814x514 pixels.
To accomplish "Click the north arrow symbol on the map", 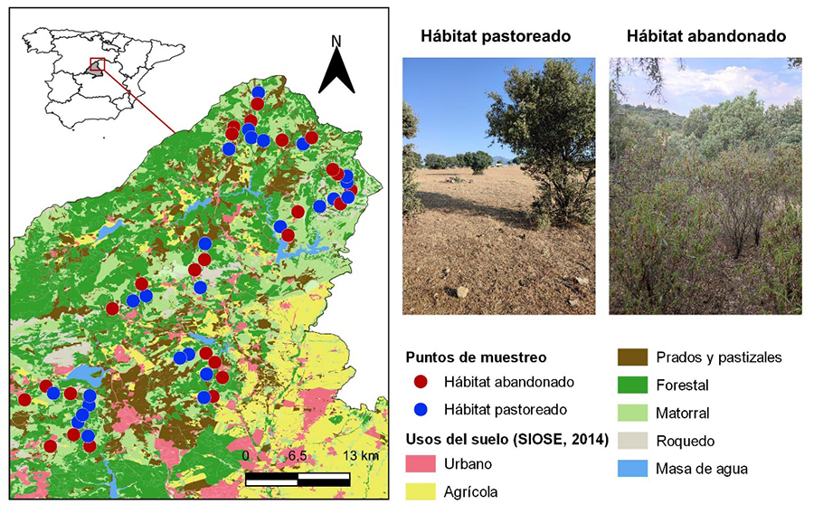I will tap(336, 71).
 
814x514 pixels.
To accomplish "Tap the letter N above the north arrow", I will tap(336, 41).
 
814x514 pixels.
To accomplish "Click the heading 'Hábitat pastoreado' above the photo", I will tap(496, 37).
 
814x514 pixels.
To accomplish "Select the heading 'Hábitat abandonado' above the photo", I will tap(705, 37).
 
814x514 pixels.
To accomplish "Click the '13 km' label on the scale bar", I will tap(361, 455).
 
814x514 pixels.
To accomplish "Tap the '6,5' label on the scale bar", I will tap(298, 455).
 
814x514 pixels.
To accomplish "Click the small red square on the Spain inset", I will tap(98, 65).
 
